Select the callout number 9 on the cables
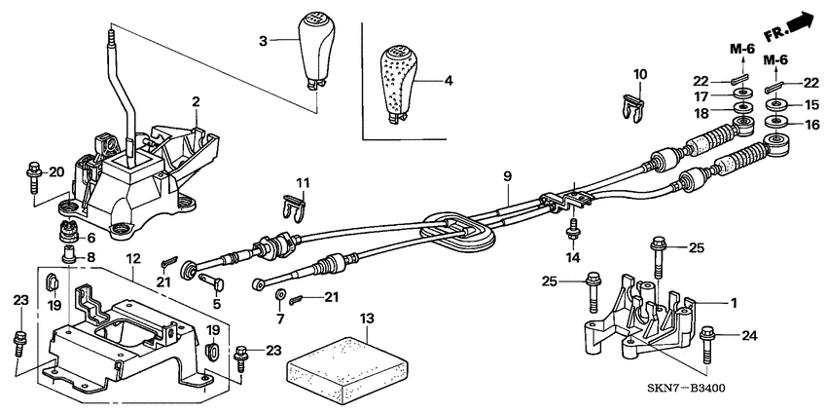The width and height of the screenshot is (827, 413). tap(507, 176)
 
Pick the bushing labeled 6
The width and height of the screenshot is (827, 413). tap(69, 236)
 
